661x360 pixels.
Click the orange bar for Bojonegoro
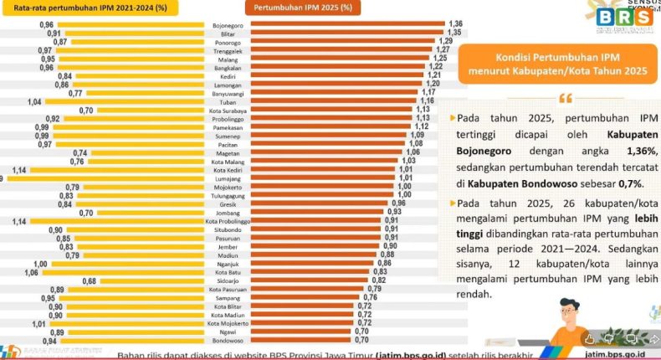click(x=343, y=25)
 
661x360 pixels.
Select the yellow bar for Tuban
click(x=126, y=101)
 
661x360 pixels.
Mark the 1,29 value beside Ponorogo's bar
click(x=446, y=41)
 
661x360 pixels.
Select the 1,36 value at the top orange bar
click(x=455, y=23)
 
